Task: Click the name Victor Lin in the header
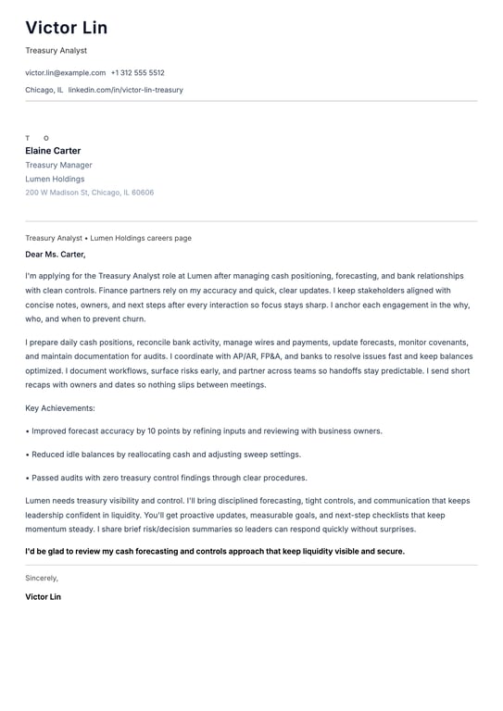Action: pos(66,28)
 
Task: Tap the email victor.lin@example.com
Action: pos(65,72)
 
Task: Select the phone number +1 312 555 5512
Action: pos(137,72)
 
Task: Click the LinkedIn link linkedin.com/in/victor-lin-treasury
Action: pos(125,90)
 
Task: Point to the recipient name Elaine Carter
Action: pos(53,151)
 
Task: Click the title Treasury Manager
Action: pos(58,165)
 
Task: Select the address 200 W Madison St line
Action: pos(89,193)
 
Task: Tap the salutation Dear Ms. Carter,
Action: pos(55,254)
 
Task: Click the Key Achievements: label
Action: pos(60,407)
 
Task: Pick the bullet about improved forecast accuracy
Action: pos(206,430)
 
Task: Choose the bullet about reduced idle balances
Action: pos(166,455)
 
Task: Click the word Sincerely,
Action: pos(42,578)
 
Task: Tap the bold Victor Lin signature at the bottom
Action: pos(43,597)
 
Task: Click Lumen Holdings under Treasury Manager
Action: pos(55,179)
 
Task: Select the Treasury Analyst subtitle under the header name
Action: pos(56,50)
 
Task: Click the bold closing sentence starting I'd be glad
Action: pos(215,551)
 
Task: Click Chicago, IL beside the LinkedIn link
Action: pos(44,90)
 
